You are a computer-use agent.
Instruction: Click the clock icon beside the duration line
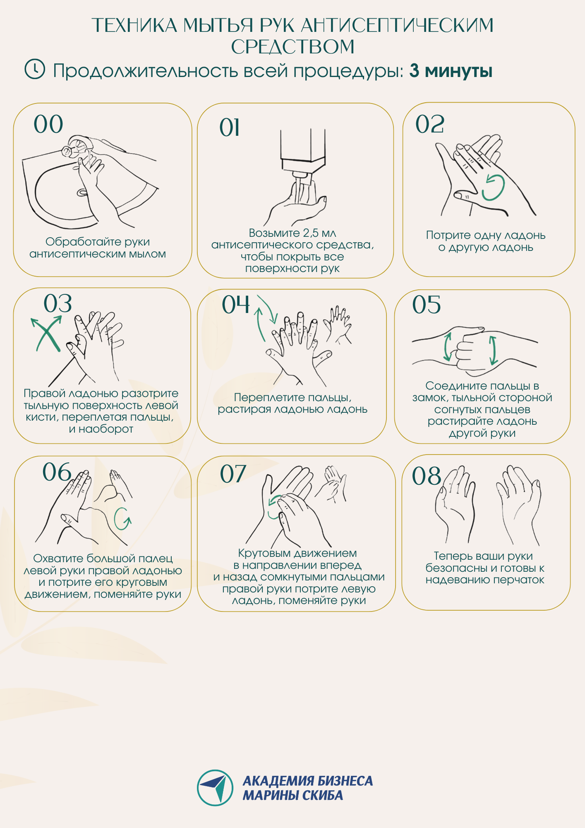pos(35,69)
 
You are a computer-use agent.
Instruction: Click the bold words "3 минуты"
pos(451,71)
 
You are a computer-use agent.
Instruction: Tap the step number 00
pos(48,124)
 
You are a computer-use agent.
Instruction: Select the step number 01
pos(230,128)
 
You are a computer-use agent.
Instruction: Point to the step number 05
pos(427,305)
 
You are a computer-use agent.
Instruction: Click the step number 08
pos(427,476)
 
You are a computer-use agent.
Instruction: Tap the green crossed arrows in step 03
pos(47,333)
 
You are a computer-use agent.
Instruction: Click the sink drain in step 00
pos(82,192)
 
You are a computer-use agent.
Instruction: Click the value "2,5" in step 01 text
pos(312,233)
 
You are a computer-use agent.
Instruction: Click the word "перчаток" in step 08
pos(521,580)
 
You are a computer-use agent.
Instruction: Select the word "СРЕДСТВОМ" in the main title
pos(292,47)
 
